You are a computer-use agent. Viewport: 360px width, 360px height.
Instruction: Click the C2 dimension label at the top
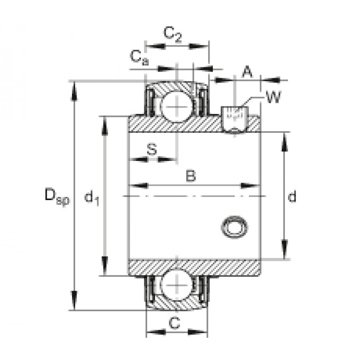point(173,34)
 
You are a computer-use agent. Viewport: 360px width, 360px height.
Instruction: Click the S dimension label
point(152,149)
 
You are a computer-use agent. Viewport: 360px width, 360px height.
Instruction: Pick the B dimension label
point(191,176)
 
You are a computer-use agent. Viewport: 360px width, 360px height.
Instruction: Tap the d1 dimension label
point(92,198)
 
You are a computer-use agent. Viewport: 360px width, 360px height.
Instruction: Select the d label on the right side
point(291,197)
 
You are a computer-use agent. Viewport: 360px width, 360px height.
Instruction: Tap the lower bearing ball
point(177,286)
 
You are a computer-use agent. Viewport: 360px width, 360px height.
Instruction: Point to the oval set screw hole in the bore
point(234,226)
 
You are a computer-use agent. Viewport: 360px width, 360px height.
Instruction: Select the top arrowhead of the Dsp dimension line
point(75,88)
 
